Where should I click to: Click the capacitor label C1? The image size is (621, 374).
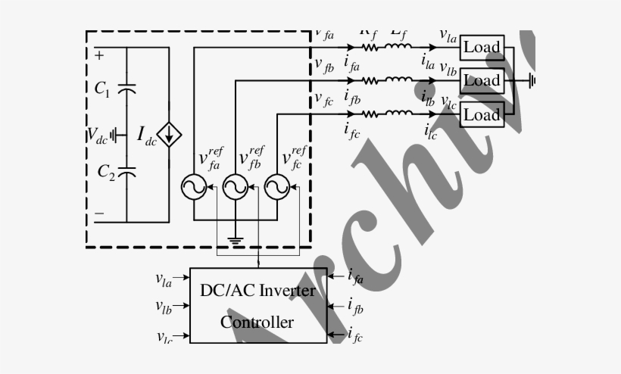pyautogui.click(x=103, y=89)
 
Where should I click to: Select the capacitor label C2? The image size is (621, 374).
pyautogui.click(x=105, y=171)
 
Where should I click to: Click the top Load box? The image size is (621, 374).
pyautogui.click(x=482, y=47)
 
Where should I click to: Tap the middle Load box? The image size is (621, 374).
pyautogui.click(x=482, y=80)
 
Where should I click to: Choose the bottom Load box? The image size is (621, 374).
pyautogui.click(x=482, y=114)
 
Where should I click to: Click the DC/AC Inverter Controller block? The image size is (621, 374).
pyautogui.click(x=257, y=305)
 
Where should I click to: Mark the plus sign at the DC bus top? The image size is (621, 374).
pyautogui.click(x=99, y=55)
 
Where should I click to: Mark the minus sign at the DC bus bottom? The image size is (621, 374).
pyautogui.click(x=99, y=214)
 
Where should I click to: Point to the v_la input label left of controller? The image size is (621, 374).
pyautogui.click(x=164, y=281)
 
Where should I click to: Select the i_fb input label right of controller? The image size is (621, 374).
pyautogui.click(x=355, y=306)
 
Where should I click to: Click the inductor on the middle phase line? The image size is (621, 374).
pyautogui.click(x=399, y=80)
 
